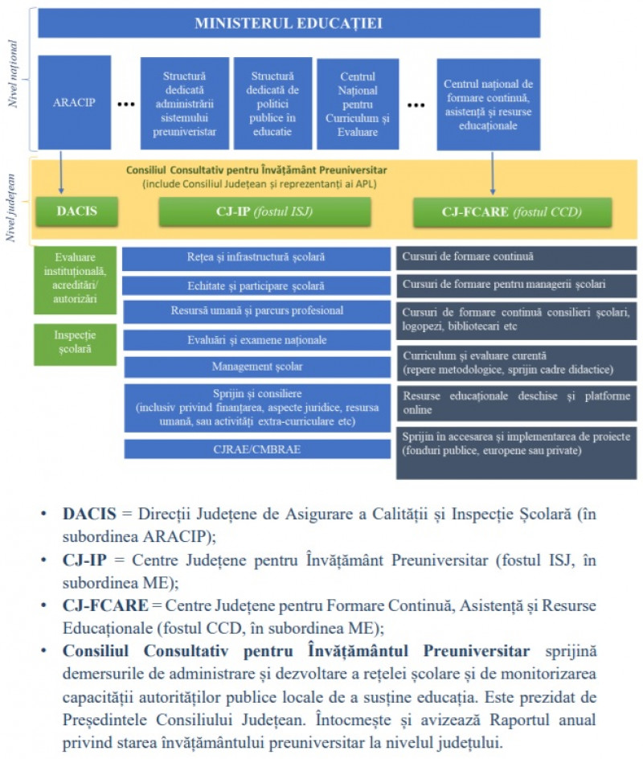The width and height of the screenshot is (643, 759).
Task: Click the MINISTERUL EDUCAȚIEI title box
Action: (x=289, y=23)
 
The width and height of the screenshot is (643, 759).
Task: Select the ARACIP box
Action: (x=75, y=102)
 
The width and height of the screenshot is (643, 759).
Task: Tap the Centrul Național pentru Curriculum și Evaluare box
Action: (x=358, y=104)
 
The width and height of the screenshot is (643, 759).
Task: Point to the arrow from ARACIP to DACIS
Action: (x=61, y=172)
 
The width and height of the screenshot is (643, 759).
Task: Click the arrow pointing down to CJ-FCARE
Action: (x=493, y=173)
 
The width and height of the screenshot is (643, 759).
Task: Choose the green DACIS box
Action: (x=76, y=211)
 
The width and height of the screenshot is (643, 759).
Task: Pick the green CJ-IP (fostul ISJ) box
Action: (x=264, y=211)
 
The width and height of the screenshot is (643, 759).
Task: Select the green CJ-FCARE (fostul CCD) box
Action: (x=512, y=212)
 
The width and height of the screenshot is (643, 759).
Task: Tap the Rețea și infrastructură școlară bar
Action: (x=256, y=258)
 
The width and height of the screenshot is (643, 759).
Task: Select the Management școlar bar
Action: (x=257, y=367)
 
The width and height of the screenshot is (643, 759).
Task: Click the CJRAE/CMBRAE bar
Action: (x=257, y=449)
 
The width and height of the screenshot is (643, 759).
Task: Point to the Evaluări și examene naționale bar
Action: (x=257, y=340)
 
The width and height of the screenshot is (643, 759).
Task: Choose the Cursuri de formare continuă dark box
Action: (x=516, y=257)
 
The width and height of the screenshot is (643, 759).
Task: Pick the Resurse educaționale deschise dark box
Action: (x=516, y=404)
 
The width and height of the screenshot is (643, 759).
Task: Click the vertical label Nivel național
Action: (x=13, y=74)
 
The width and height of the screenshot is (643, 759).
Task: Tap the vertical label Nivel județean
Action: (x=10, y=207)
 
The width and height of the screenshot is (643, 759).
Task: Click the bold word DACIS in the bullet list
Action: (x=89, y=514)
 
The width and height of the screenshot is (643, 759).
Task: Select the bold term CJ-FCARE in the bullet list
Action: (x=105, y=605)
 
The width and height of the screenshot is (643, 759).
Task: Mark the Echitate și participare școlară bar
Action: (x=256, y=285)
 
